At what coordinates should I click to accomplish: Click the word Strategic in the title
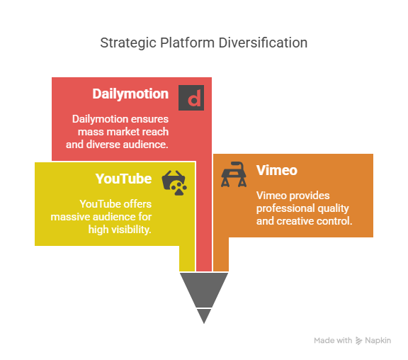128,43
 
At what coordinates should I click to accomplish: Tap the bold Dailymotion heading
130,94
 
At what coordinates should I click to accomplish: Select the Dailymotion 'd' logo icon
191,98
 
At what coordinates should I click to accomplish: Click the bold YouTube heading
123,179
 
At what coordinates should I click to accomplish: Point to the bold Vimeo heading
277,170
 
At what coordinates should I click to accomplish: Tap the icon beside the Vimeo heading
234,174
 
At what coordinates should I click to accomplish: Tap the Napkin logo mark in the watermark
359,340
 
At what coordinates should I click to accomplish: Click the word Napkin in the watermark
378,340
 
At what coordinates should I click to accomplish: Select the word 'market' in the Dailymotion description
123,132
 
